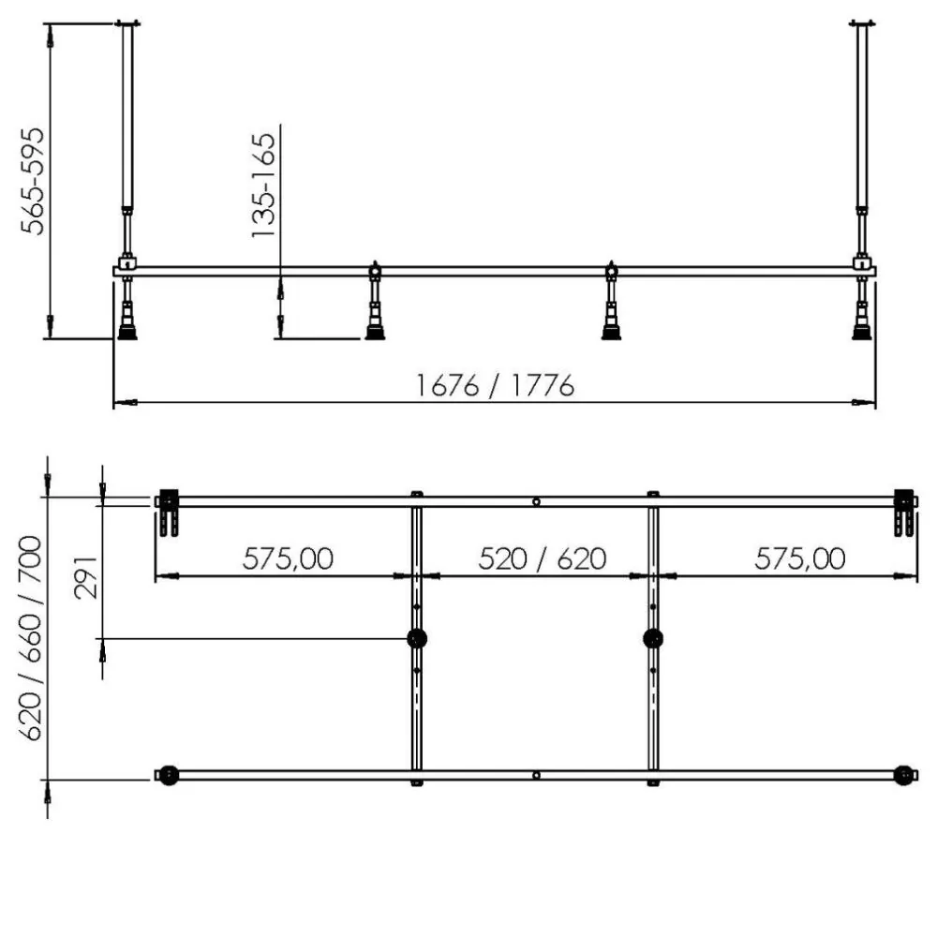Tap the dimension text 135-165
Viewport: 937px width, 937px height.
(x=264, y=185)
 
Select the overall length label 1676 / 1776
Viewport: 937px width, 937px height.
(x=495, y=385)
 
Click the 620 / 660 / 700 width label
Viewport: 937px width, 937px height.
(x=31, y=637)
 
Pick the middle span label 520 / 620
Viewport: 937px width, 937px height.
(x=542, y=558)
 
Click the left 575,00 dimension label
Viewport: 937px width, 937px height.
(x=288, y=558)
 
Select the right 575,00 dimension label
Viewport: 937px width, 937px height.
(x=799, y=558)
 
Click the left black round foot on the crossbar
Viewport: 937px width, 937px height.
(x=417, y=639)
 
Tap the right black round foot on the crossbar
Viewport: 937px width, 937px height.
(x=653, y=639)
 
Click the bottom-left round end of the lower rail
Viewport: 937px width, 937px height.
(x=169, y=776)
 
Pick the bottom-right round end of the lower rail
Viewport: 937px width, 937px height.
(x=902, y=776)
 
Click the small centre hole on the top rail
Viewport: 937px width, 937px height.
(x=535, y=502)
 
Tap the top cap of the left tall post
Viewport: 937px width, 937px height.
(x=126, y=23)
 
